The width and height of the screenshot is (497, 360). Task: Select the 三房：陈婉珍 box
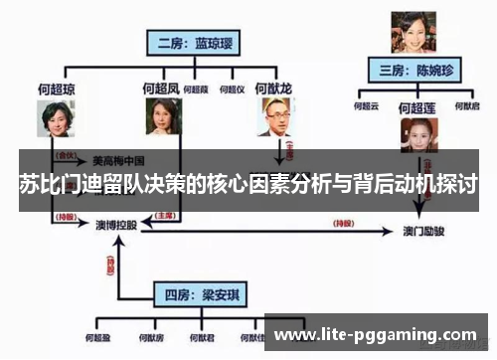click(410, 71)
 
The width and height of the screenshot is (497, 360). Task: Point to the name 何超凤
click(160, 89)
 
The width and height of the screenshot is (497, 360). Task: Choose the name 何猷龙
click(272, 89)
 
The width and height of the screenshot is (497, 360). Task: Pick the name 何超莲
click(417, 106)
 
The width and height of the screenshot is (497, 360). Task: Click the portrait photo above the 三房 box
click(410, 33)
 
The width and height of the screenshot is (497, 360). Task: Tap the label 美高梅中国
click(119, 158)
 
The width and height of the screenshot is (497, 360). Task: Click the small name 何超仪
click(236, 90)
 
